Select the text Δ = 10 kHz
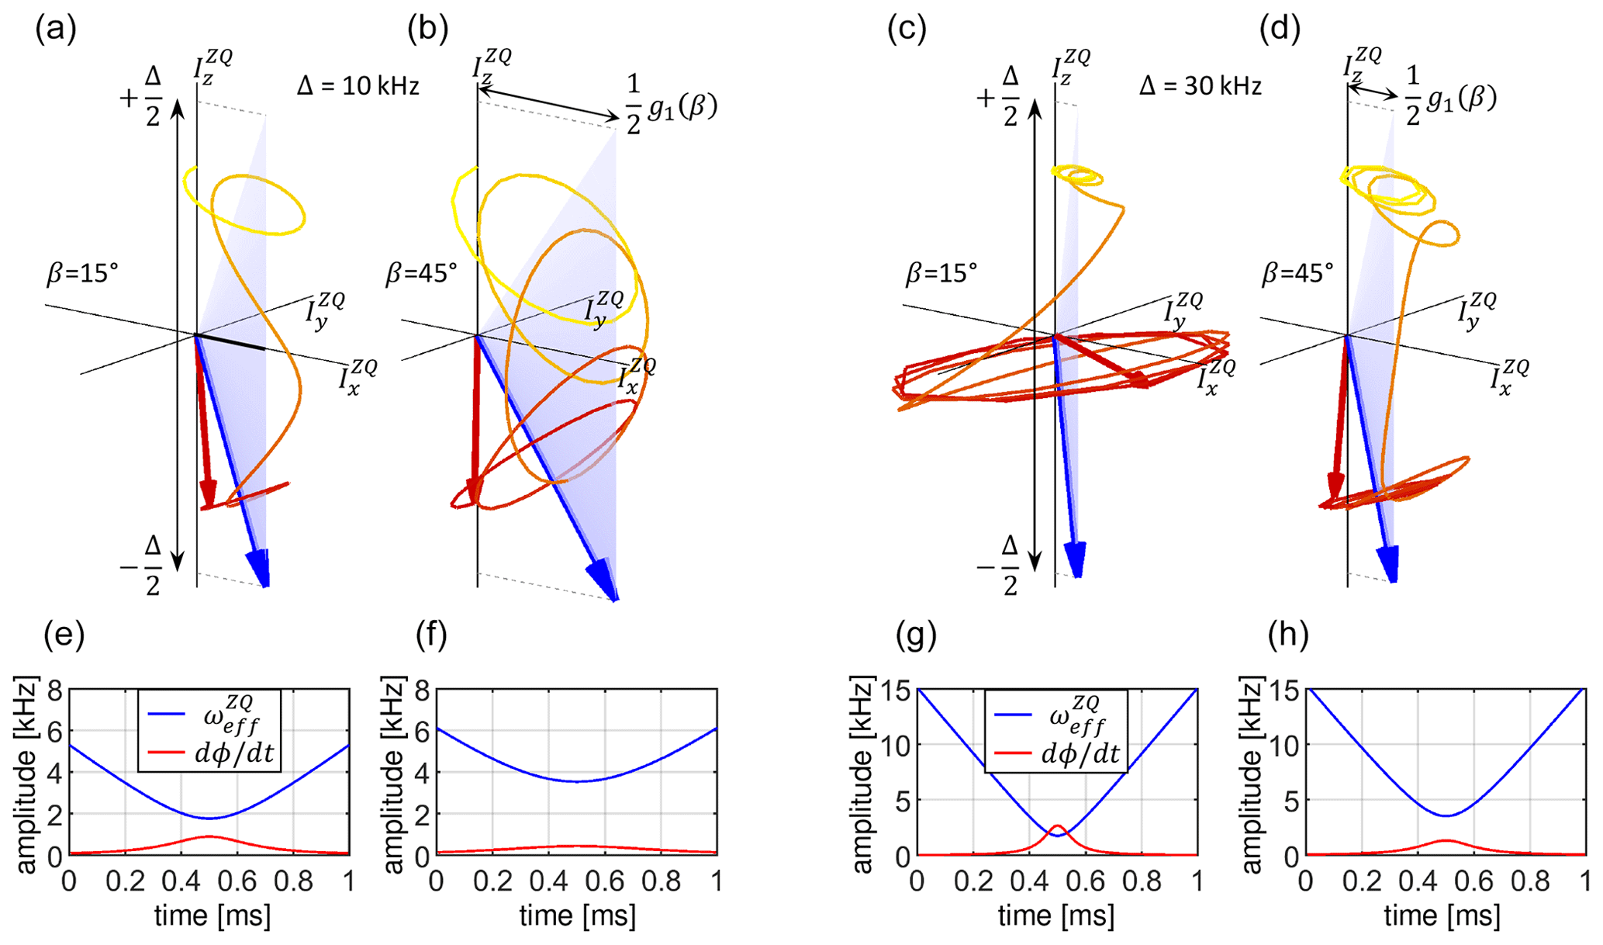coord(358,85)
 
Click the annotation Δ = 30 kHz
coord(1200,85)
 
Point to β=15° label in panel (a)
coord(81,273)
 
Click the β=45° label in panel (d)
coord(1297,273)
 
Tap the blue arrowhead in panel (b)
coord(604,582)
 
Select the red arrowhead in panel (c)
coord(1138,379)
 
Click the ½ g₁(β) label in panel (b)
coord(672,107)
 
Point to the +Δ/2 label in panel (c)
coord(999,97)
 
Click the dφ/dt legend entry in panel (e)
coord(233,752)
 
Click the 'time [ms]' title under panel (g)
coord(1056,916)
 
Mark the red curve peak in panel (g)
coord(1057,826)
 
